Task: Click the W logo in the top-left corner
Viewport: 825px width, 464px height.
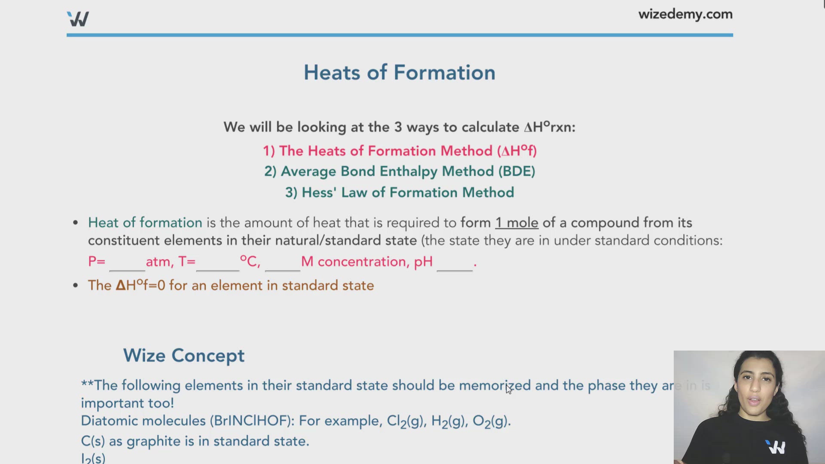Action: click(78, 19)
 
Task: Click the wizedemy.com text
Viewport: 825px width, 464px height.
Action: click(685, 14)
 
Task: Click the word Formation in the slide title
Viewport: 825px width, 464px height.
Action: click(444, 72)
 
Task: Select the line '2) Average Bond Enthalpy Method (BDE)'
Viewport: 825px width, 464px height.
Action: click(400, 171)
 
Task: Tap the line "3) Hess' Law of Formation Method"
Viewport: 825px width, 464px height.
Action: click(400, 192)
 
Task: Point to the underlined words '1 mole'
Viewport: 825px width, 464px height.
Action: click(516, 223)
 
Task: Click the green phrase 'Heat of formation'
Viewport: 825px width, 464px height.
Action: click(145, 223)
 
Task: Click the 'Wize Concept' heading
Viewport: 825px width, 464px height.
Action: click(184, 356)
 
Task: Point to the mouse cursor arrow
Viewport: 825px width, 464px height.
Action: click(508, 388)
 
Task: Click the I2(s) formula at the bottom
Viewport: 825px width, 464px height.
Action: click(93, 458)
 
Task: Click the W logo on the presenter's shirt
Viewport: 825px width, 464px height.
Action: click(776, 447)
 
